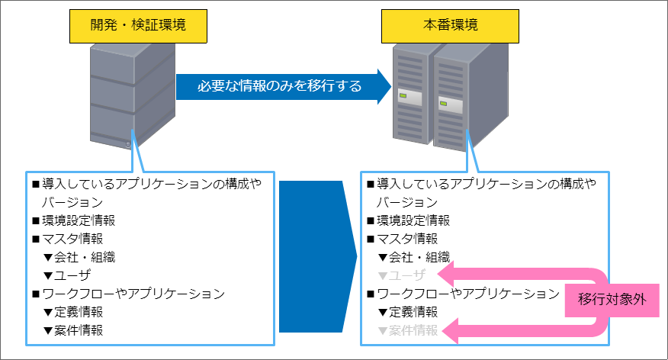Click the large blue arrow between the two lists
[316, 257]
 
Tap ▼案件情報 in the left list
[75, 330]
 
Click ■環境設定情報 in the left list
[73, 220]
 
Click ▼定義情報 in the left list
[75, 312]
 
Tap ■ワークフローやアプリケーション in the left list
[127, 294]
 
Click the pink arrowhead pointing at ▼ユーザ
[451, 275]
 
